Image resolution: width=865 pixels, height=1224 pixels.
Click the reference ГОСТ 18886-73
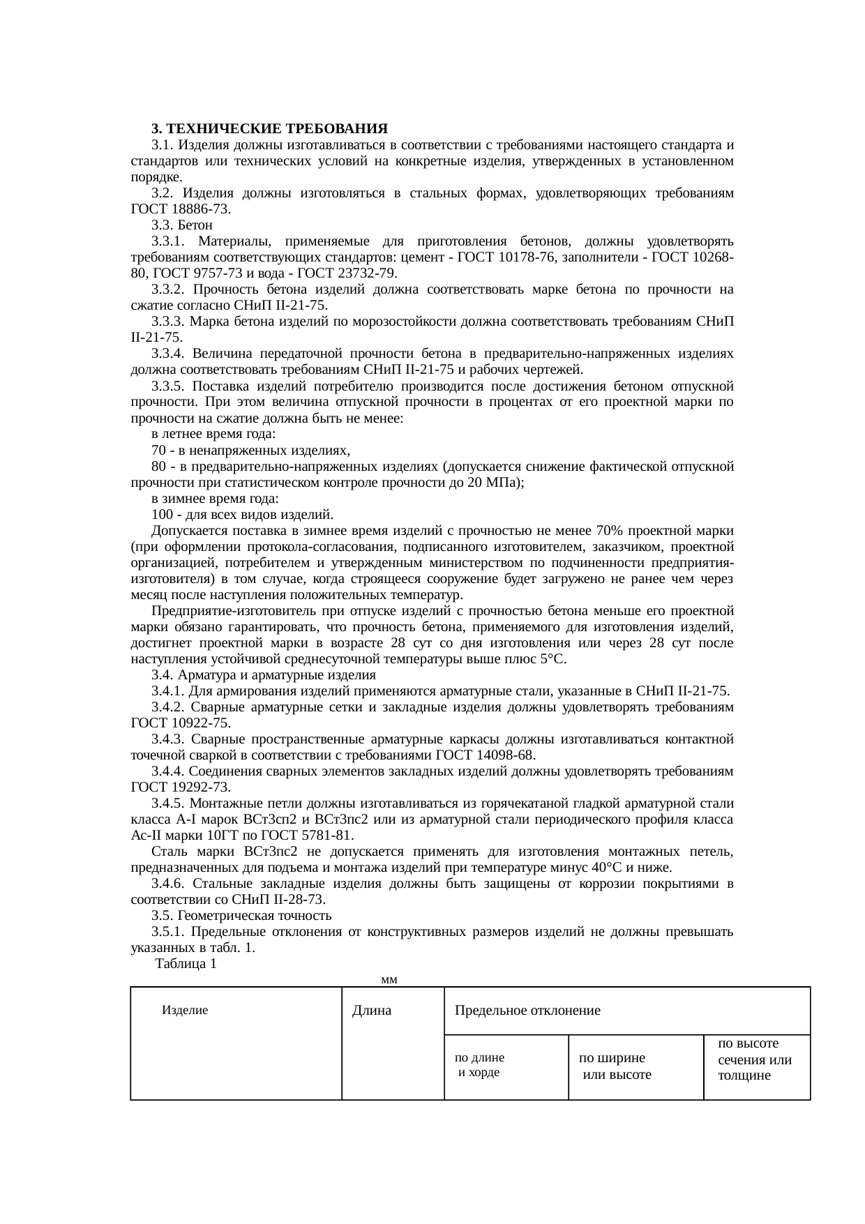pyautogui.click(x=179, y=209)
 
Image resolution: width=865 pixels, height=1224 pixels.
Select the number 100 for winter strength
pyautogui.click(x=162, y=515)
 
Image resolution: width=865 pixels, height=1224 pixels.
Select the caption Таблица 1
pyautogui.click(x=186, y=963)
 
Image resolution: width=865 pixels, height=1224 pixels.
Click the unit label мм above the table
pyautogui.click(x=390, y=980)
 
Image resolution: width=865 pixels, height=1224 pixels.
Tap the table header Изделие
pyautogui.click(x=185, y=1009)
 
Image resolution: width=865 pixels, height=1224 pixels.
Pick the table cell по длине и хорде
pyautogui.click(x=479, y=1065)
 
